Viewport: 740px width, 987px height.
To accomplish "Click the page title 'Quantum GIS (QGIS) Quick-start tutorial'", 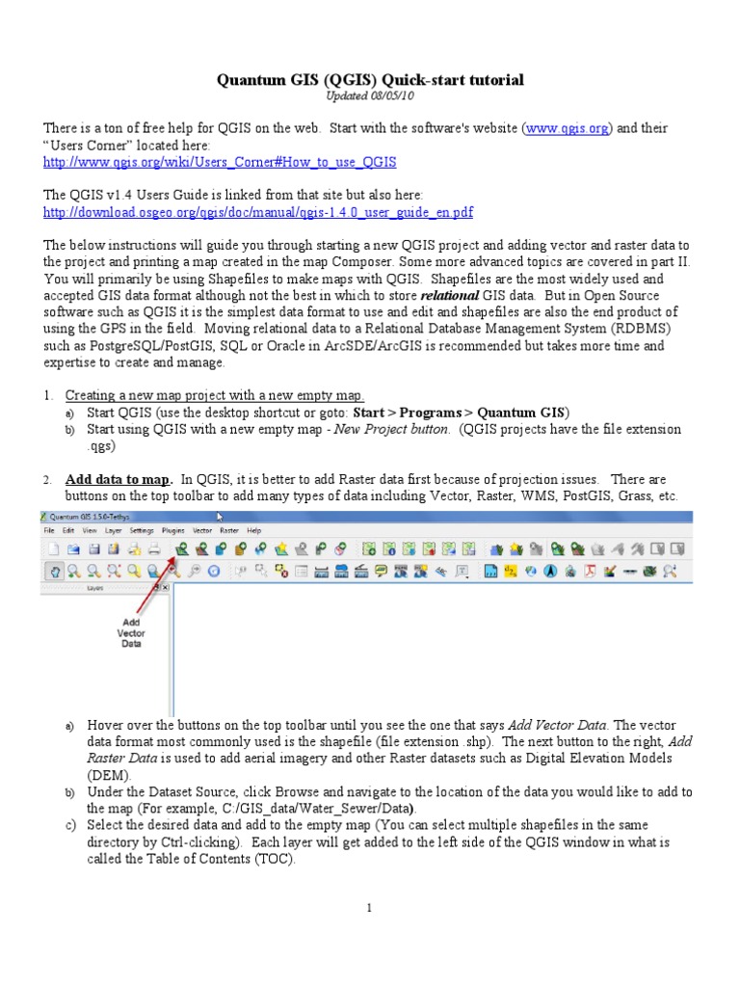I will (370, 80).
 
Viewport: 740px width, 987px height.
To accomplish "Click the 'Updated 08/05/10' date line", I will (370, 96).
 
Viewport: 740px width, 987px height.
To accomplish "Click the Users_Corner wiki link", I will (220, 162).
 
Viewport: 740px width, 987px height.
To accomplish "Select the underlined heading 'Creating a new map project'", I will (214, 396).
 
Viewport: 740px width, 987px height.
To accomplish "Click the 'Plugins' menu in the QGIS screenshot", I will (173, 530).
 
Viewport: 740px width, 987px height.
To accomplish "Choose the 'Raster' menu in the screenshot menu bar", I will (229, 530).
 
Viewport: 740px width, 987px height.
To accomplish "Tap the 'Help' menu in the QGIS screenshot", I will (254, 530).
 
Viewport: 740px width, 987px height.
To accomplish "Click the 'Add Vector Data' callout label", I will (131, 632).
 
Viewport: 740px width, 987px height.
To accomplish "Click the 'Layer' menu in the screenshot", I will (114, 530).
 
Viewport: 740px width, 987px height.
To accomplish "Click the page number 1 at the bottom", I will (369, 908).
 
